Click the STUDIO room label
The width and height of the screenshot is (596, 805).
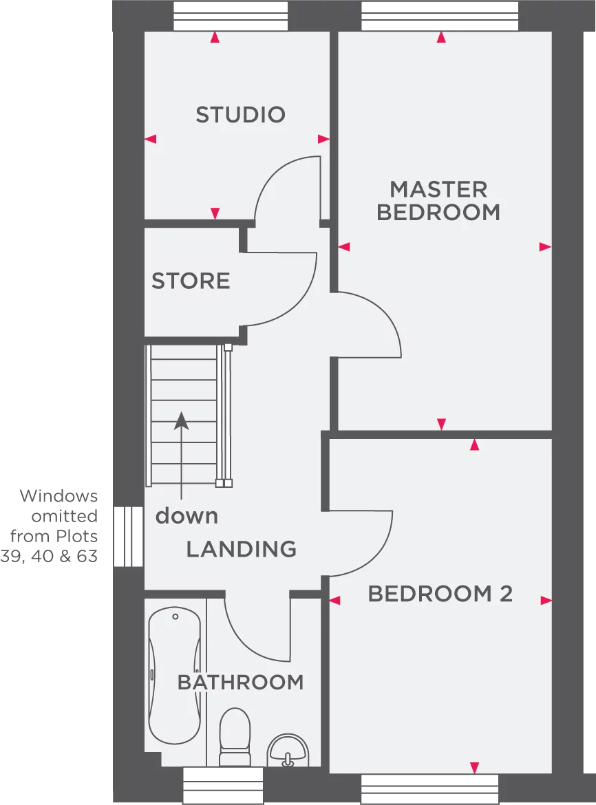click(240, 114)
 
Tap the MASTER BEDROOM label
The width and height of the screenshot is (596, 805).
click(438, 200)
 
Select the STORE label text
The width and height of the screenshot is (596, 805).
click(191, 281)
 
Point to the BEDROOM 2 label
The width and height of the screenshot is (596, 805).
click(440, 594)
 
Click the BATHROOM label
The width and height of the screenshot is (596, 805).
click(240, 682)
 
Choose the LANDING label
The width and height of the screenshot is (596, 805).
click(242, 549)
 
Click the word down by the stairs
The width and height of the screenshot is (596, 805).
click(187, 515)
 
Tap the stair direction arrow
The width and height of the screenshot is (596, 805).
click(181, 454)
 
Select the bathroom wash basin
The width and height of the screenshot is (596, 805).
click(289, 750)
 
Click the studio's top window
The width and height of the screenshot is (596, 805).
click(230, 17)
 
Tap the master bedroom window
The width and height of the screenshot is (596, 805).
click(440, 17)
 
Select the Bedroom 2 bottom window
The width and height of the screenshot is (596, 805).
click(429, 788)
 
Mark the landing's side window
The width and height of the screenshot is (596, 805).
click(127, 537)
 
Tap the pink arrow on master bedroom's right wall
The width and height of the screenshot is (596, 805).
click(545, 246)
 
